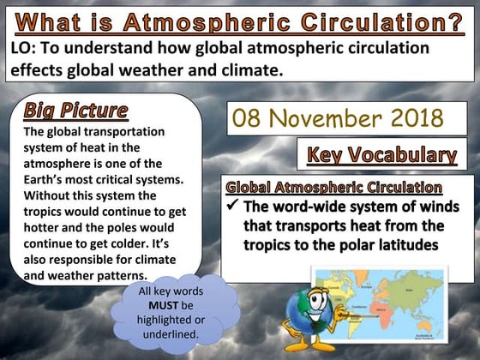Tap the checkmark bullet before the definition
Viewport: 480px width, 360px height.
point(231,207)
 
